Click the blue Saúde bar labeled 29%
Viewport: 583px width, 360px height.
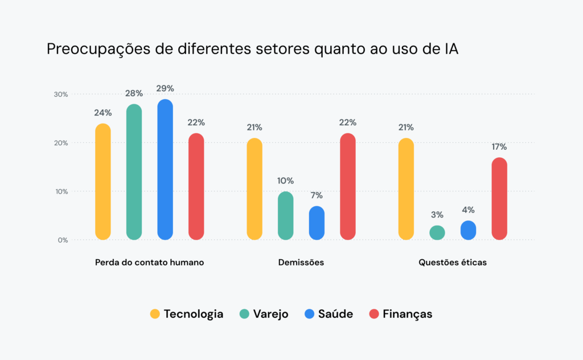coord(165,170)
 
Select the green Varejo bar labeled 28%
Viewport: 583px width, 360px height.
coord(134,172)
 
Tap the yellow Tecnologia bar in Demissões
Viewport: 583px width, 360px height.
coord(254,189)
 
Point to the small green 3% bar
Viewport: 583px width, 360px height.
coord(437,232)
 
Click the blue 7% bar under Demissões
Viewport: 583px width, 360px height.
coord(317,223)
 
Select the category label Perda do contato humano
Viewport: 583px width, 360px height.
coord(149,263)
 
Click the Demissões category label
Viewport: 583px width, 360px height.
coord(301,263)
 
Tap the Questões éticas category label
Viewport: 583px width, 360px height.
coord(453,263)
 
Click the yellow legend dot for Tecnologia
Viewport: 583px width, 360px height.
coord(155,314)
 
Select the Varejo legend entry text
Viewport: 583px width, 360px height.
coord(270,314)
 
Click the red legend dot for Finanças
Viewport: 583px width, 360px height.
coord(374,314)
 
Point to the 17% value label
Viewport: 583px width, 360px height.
coord(499,147)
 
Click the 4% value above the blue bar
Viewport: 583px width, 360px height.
coord(469,210)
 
